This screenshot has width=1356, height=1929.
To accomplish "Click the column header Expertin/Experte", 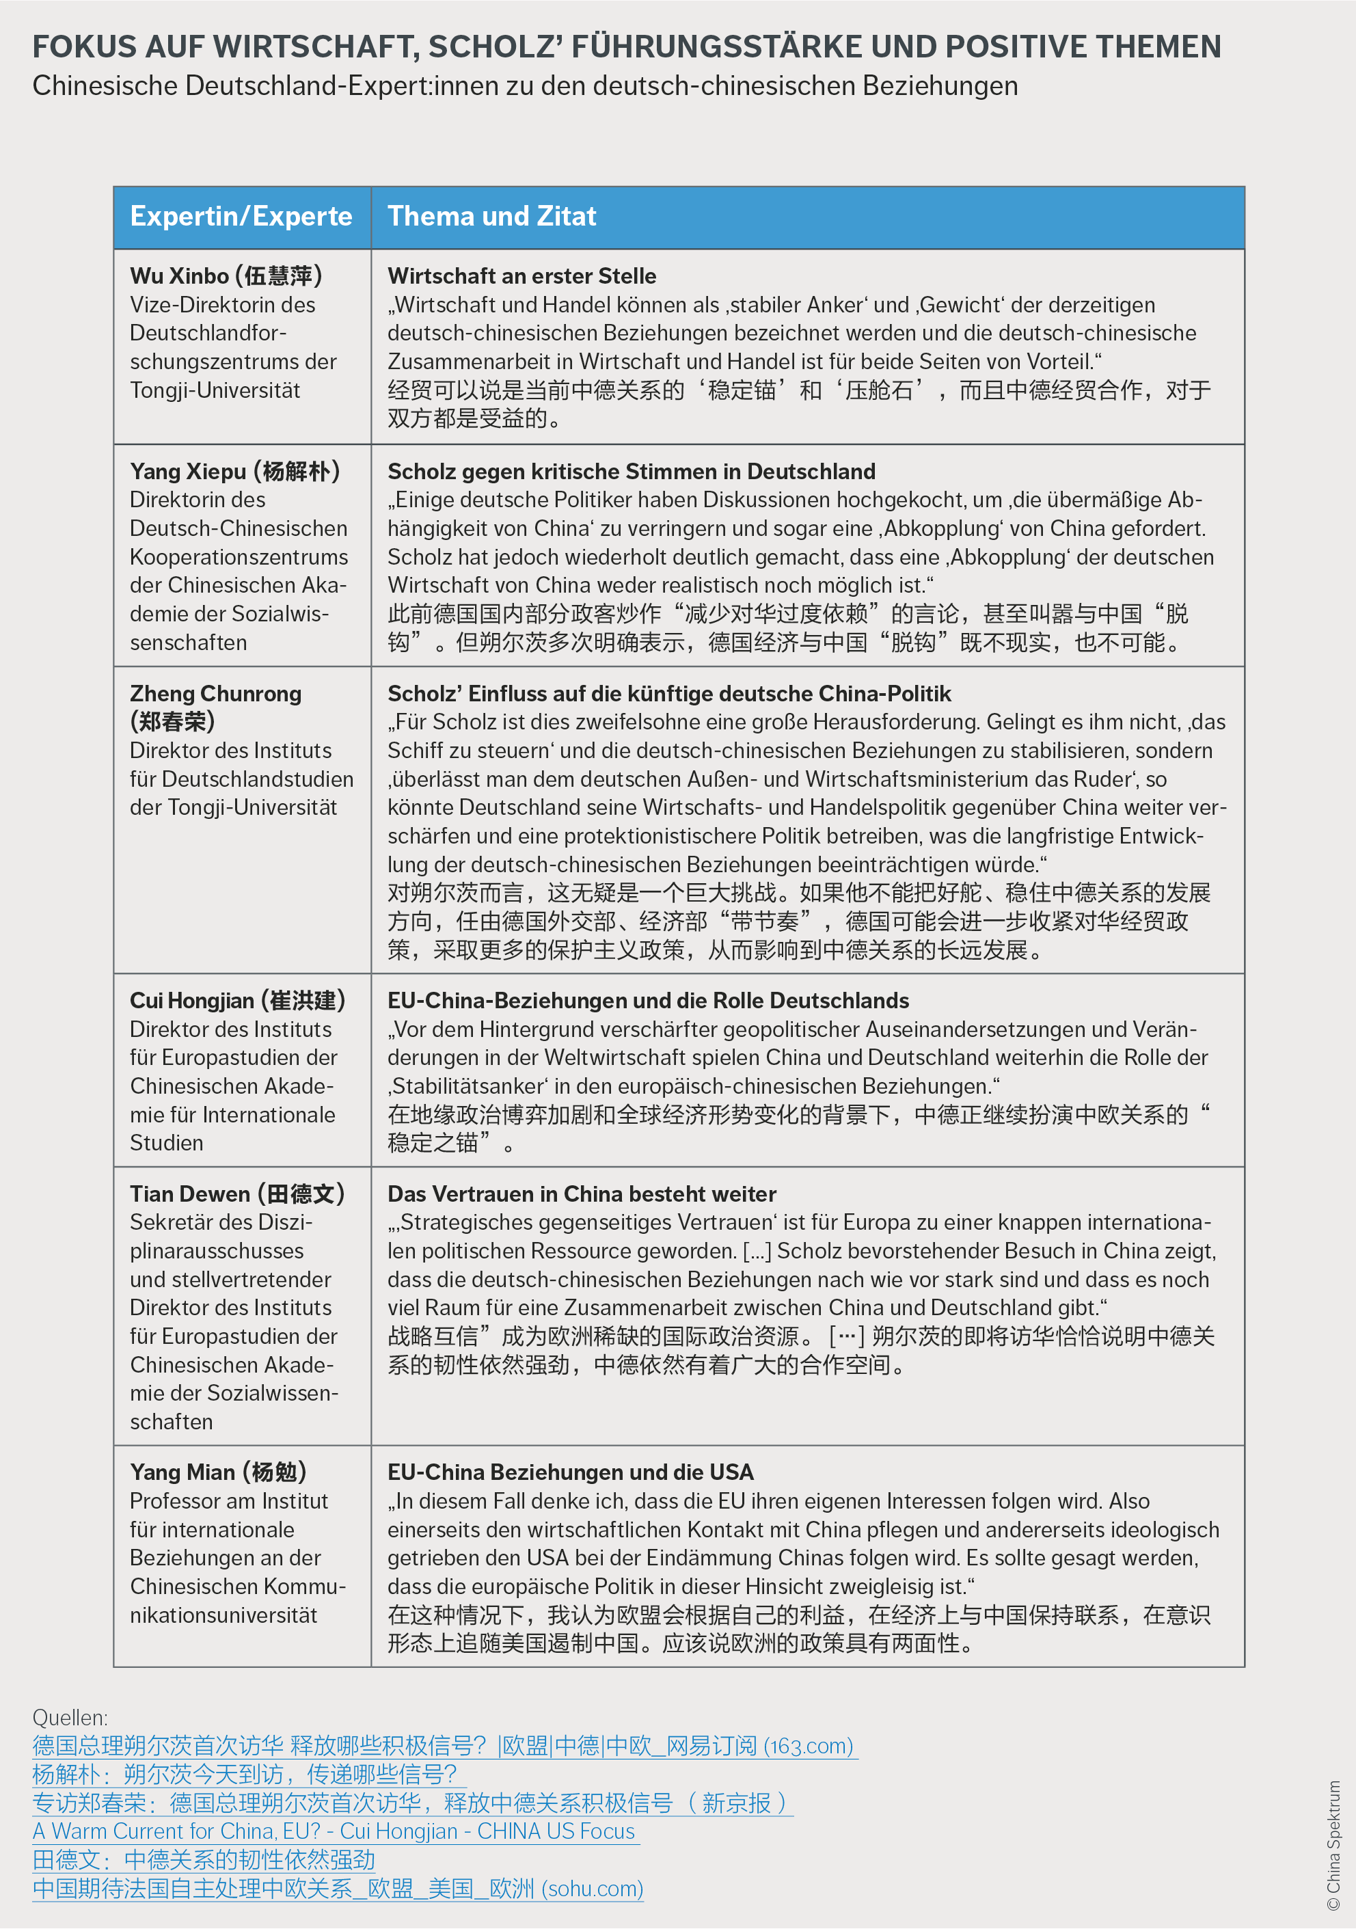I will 241,217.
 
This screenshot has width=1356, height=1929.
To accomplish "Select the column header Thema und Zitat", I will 491,217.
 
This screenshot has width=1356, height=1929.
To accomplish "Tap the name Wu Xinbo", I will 179,276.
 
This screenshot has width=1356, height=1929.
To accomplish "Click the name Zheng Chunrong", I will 215,694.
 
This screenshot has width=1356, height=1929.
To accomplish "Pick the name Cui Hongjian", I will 191,1001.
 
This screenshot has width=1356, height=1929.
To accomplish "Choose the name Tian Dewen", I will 190,1194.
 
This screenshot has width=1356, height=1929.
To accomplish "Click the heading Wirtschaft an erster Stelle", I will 521,276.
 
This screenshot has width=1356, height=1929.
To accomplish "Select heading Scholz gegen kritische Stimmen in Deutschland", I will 631,472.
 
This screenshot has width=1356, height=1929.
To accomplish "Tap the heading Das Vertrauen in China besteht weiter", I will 582,1194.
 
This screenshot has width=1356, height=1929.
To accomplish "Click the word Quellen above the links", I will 70,1718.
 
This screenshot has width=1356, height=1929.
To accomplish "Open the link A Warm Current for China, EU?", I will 334,1831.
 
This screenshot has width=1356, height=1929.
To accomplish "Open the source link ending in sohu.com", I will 338,1889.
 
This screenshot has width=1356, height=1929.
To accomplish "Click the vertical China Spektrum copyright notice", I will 1333,1845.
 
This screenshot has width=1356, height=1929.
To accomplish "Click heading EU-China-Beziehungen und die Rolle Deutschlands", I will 648,1001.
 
